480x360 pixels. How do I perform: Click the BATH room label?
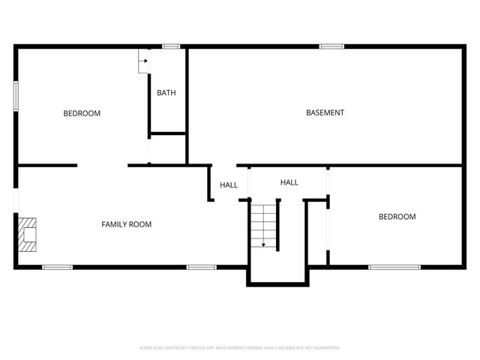coord(166,93)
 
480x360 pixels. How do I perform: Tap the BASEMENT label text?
coord(325,112)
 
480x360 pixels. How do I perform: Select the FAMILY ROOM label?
coord(127,224)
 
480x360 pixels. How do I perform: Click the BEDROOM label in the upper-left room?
coord(82,113)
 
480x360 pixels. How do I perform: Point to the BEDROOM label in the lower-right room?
coord(397,217)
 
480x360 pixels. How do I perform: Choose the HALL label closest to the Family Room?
coord(229,185)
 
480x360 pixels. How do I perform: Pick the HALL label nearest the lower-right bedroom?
coord(289,182)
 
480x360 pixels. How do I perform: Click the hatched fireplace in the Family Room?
coord(28,234)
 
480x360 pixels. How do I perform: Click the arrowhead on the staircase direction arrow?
coord(264,244)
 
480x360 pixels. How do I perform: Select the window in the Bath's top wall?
coord(172,46)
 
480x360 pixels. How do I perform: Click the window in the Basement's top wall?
coord(331,46)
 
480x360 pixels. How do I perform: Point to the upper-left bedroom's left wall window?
coord(16,97)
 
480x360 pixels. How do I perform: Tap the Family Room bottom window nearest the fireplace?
coord(57,267)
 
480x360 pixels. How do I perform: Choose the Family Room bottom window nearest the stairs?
coord(201,267)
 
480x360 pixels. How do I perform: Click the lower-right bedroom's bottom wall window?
coord(394,267)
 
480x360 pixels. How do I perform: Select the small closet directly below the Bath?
coord(168,149)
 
